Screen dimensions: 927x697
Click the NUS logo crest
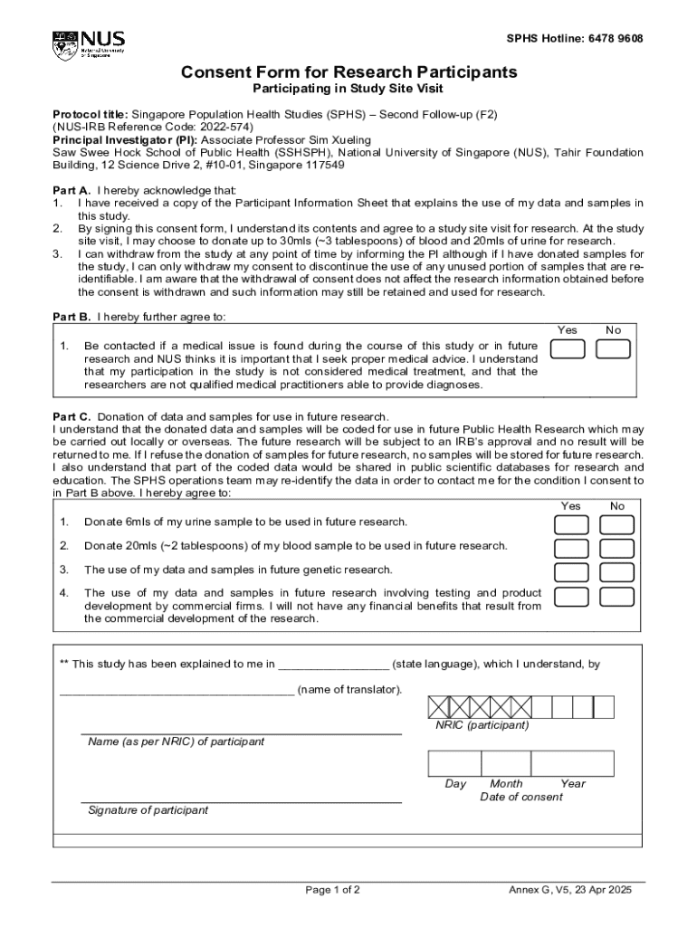(x=65, y=44)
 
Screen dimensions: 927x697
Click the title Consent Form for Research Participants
(x=348, y=72)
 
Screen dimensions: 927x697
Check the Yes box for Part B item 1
(x=568, y=349)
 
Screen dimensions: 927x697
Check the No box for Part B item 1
(x=613, y=349)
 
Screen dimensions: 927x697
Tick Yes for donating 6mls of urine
(x=571, y=525)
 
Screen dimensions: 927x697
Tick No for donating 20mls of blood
(x=616, y=549)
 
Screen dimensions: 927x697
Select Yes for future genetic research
(x=571, y=572)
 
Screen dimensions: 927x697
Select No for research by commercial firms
(x=616, y=597)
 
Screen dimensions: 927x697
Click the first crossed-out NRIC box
(x=439, y=707)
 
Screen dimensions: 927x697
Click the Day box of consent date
(x=455, y=763)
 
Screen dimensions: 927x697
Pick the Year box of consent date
(x=573, y=763)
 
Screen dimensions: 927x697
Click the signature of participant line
(x=241, y=800)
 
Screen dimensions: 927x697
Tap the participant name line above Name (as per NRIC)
(x=241, y=732)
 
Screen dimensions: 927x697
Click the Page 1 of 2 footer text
(x=333, y=890)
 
